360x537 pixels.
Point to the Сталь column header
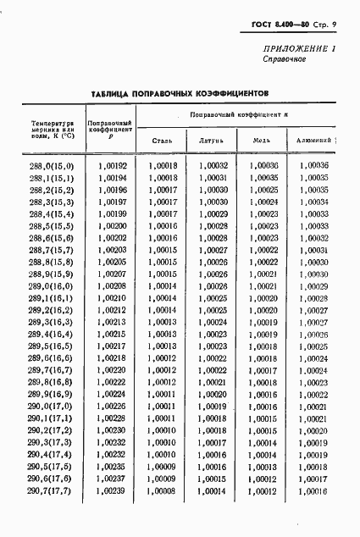coord(163,140)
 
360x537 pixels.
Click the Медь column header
coord(263,140)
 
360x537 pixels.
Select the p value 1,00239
coord(112,491)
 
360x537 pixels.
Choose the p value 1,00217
coord(112,346)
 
